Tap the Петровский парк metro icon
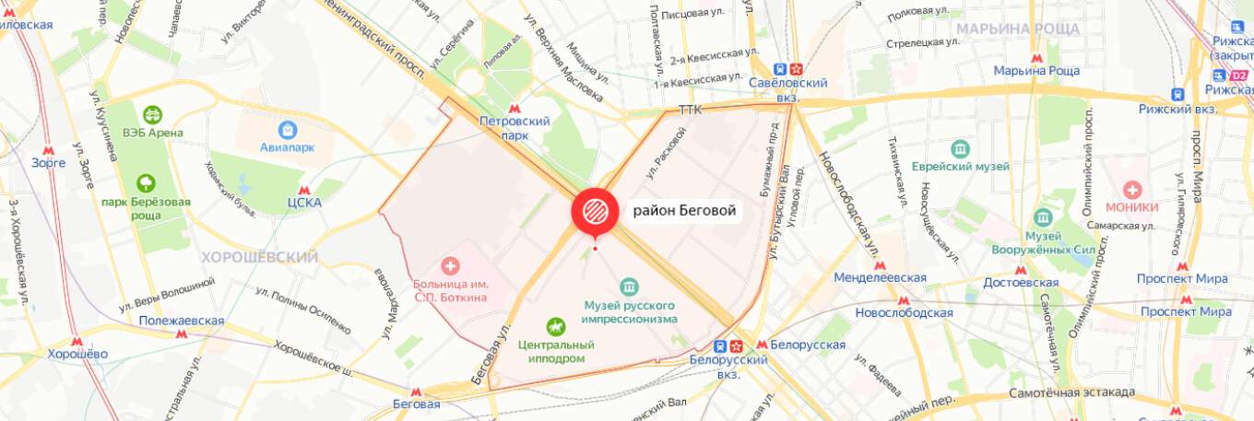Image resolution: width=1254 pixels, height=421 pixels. pyautogui.click(x=515, y=107)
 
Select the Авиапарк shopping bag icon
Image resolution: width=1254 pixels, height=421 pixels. pyautogui.click(x=288, y=130)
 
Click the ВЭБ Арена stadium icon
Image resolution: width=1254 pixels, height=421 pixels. pyautogui.click(x=151, y=114)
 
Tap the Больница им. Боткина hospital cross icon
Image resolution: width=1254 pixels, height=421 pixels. pyautogui.click(x=450, y=266)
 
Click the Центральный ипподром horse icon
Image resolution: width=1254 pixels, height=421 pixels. pyautogui.click(x=555, y=325)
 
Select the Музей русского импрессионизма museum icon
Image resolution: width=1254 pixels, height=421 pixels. pyautogui.click(x=629, y=286)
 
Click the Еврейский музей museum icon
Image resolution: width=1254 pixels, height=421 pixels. pyautogui.click(x=961, y=148)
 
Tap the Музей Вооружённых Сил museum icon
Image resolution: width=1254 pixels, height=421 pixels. pyautogui.click(x=1043, y=217)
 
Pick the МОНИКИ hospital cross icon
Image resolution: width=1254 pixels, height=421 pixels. pyautogui.click(x=1131, y=189)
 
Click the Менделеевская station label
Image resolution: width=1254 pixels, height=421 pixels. pyautogui.click(x=880, y=277)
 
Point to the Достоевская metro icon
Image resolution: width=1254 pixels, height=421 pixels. pyautogui.click(x=1020, y=271)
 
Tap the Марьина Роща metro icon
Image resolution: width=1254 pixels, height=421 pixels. pyautogui.click(x=1037, y=57)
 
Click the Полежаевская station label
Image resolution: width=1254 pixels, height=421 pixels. pyautogui.click(x=182, y=321)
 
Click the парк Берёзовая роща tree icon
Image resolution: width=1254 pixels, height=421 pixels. pyautogui.click(x=146, y=183)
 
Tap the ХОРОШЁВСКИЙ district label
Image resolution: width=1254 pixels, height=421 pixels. pyautogui.click(x=259, y=257)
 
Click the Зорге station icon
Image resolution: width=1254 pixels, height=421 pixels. pyautogui.click(x=48, y=148)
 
